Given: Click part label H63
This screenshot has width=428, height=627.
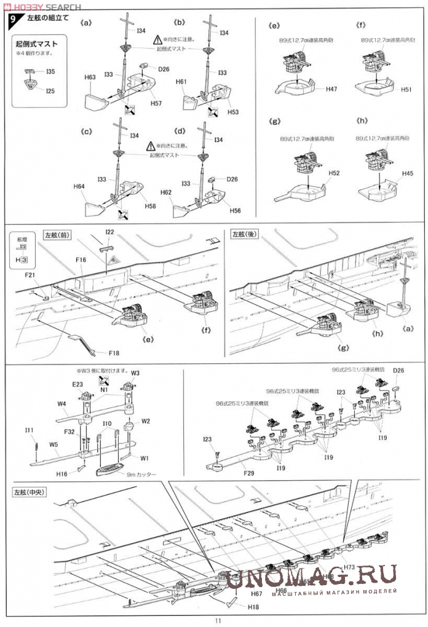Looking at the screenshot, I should tap(90, 77).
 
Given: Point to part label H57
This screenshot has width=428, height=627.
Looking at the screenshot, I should tap(155, 103).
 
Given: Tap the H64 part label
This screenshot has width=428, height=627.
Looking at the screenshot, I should tap(78, 186).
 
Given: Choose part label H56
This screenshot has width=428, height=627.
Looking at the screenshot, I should tap(234, 211).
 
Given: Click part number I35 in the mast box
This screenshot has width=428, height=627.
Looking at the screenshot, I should tap(50, 72).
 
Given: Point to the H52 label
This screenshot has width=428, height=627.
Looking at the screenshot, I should tap(334, 174).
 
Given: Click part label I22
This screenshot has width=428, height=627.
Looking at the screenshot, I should tap(109, 232).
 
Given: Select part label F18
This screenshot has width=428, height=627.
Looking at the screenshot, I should tap(114, 353).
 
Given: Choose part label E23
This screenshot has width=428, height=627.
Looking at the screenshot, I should tap(78, 384).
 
